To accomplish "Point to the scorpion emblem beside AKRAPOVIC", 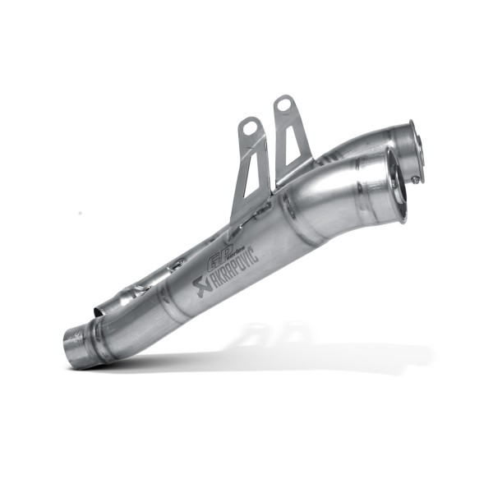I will click(200, 288).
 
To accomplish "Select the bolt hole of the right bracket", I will click(284, 105).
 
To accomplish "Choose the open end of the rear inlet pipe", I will click(99, 311).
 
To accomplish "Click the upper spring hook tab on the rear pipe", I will click(175, 265).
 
